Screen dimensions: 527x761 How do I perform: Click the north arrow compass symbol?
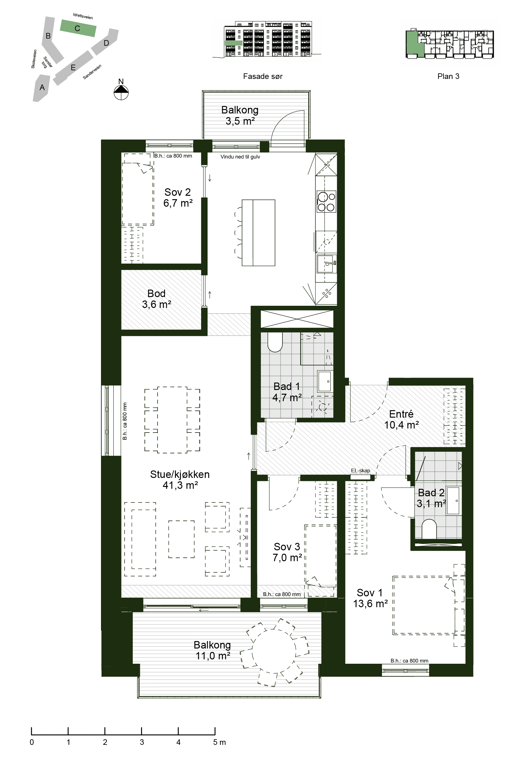pos(121,92)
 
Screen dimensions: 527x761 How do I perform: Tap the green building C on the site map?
pos(78,28)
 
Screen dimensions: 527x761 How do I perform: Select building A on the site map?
pos(41,88)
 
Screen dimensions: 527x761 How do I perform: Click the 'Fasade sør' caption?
pos(263,76)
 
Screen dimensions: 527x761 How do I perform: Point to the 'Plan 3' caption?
pos(448,76)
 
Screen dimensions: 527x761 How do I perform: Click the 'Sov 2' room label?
pos(178,192)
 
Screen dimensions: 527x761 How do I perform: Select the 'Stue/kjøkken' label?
pos(180,474)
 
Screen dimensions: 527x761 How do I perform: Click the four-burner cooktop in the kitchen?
pos(326,201)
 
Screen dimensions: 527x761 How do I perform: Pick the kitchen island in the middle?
pos(258,232)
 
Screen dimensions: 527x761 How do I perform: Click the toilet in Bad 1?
pos(275,342)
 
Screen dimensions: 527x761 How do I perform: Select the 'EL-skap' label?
pos(360,470)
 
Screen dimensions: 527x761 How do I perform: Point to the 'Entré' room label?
pos(401,414)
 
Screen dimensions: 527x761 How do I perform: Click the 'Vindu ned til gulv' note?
pos(241,157)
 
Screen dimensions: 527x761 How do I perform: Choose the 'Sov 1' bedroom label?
pos(369,593)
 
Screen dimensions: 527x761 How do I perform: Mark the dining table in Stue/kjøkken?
pos(172,419)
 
